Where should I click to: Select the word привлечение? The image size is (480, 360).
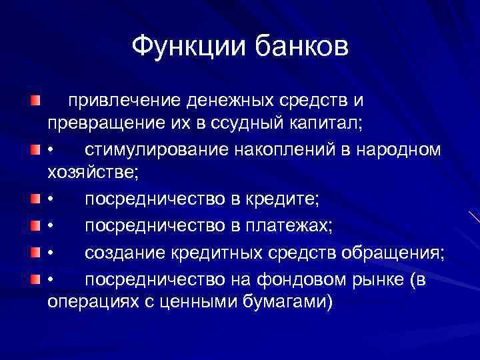(125, 101)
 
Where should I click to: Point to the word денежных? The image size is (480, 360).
(232, 101)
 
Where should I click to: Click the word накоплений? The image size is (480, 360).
(286, 149)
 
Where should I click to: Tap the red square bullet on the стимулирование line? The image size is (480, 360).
(35, 149)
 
